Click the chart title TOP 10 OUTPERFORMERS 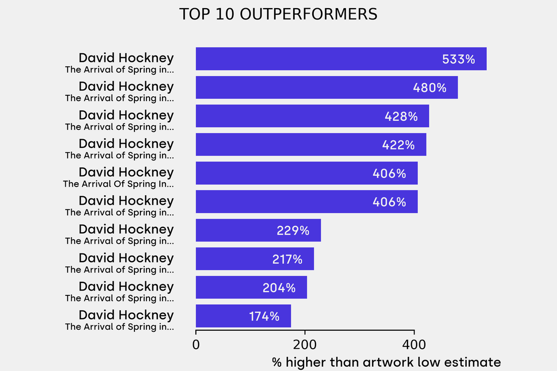pyautogui.click(x=278, y=14)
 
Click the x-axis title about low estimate pyautogui.click(x=387, y=362)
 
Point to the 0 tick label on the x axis pyautogui.click(x=196, y=345)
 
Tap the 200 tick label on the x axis pyautogui.click(x=305, y=345)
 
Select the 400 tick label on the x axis pyautogui.click(x=414, y=345)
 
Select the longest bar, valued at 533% pyautogui.click(x=341, y=59)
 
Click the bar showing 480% pyautogui.click(x=327, y=88)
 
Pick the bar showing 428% pyautogui.click(x=313, y=116)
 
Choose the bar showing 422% pyautogui.click(x=311, y=144)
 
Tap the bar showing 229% pyautogui.click(x=258, y=230)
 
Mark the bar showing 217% pyautogui.click(x=255, y=259)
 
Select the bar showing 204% pyautogui.click(x=251, y=287)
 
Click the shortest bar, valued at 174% pyautogui.click(x=243, y=316)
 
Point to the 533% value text pyautogui.click(x=458, y=59)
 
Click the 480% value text pyautogui.click(x=430, y=88)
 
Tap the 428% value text pyautogui.click(x=401, y=116)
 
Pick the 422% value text pyautogui.click(x=398, y=145)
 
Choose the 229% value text pyautogui.click(x=293, y=231)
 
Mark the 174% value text pyautogui.click(x=264, y=316)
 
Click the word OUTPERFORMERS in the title pyautogui.click(x=308, y=14)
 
